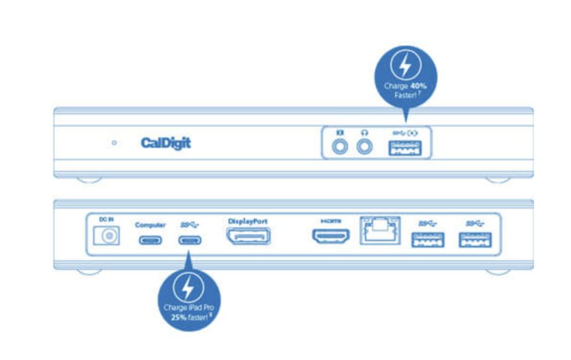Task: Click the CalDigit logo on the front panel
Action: [166, 143]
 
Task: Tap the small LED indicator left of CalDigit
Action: [114, 143]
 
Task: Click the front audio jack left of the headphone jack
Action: [339, 147]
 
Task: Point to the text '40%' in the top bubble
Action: [419, 86]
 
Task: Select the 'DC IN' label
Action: [106, 220]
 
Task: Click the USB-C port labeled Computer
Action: [150, 240]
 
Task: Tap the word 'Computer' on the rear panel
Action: [150, 225]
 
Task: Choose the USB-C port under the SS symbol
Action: [190, 240]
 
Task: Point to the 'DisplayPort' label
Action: [248, 221]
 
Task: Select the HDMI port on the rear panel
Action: [330, 236]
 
